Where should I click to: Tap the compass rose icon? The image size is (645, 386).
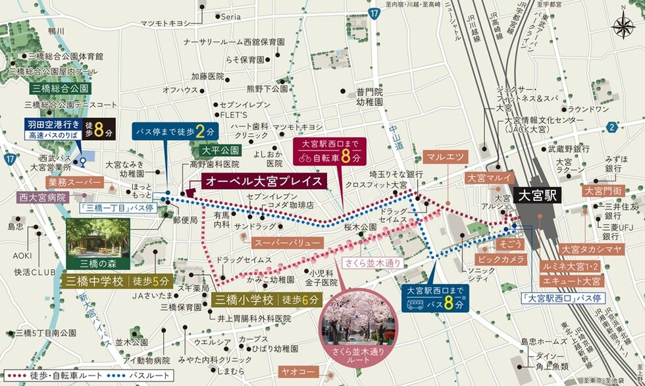click(x=623, y=27)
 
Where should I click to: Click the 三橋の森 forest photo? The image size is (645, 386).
click(x=98, y=239)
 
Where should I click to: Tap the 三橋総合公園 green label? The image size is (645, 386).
click(x=60, y=88)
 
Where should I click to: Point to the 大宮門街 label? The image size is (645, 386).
click(x=601, y=191)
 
